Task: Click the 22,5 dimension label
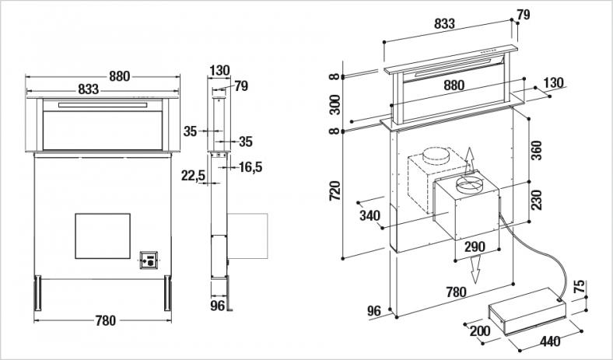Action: coord(193,177)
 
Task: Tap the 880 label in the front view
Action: coord(119,76)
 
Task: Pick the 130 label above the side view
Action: coord(219,71)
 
